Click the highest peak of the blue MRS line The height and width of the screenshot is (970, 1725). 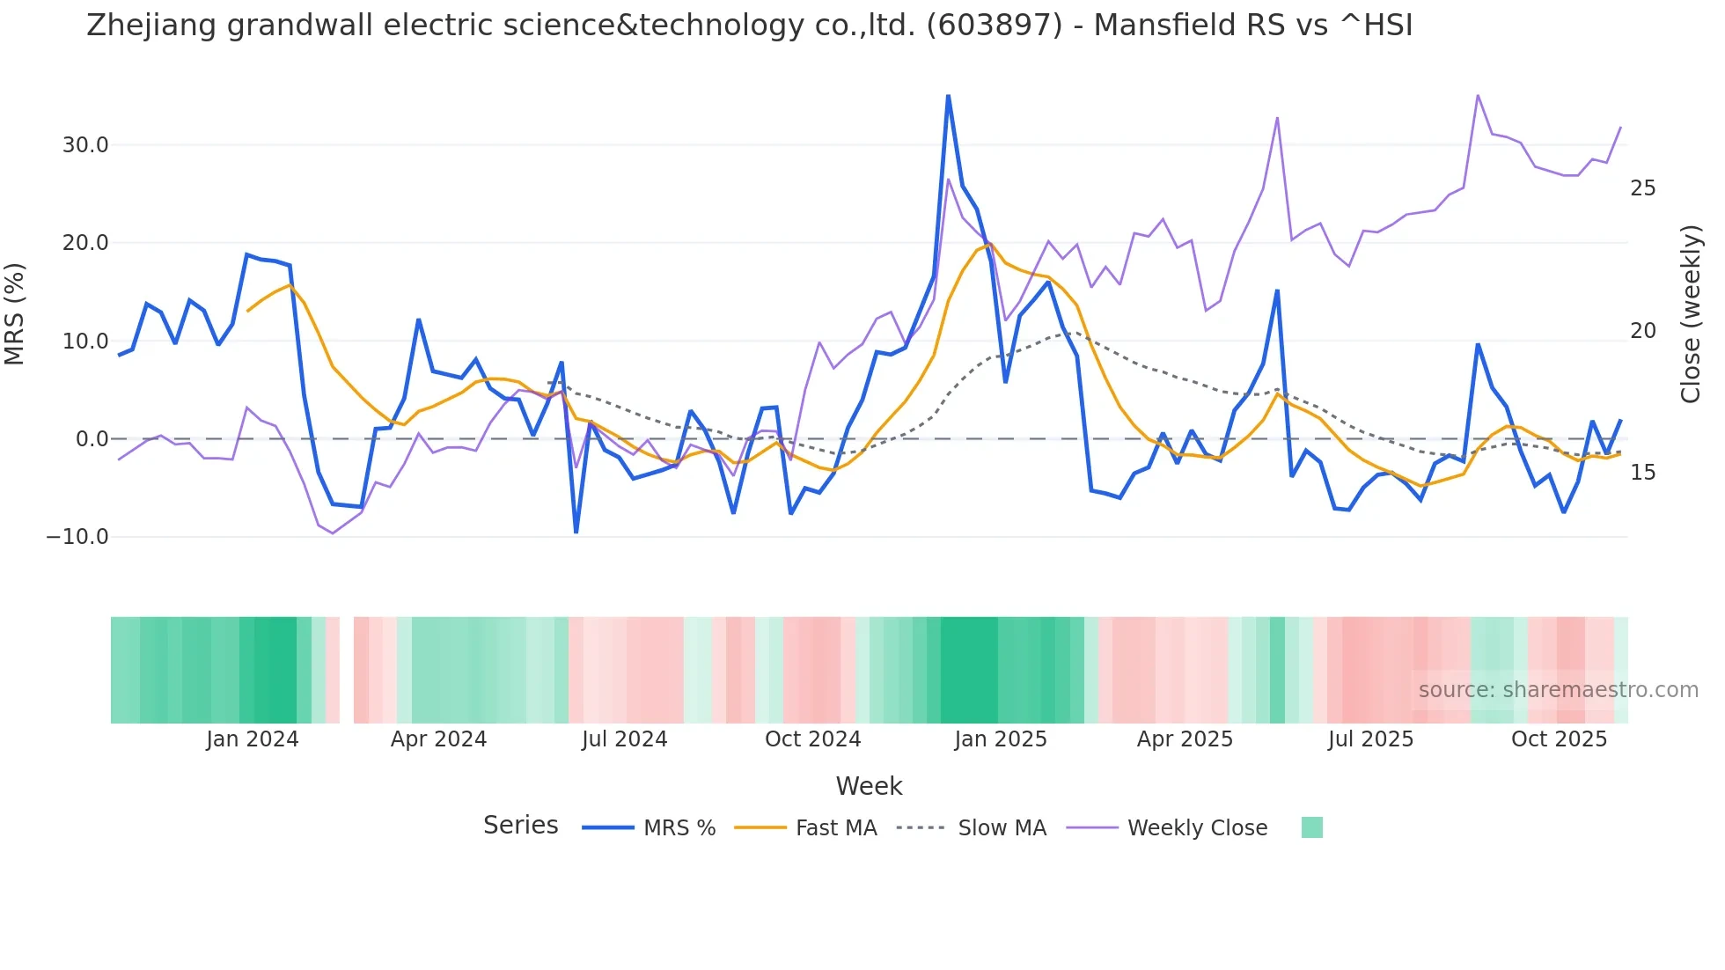click(x=948, y=96)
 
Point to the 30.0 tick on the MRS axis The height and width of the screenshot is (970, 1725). click(x=85, y=145)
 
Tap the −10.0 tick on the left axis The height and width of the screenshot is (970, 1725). click(x=77, y=537)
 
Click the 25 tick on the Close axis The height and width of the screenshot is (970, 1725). click(x=1642, y=188)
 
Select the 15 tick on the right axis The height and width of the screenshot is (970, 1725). click(x=1642, y=473)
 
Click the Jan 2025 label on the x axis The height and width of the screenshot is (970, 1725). click(x=1001, y=739)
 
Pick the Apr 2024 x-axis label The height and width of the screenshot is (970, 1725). click(x=438, y=739)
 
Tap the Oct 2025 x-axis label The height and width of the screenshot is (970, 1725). click(x=1559, y=739)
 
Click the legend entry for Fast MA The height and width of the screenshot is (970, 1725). click(x=835, y=828)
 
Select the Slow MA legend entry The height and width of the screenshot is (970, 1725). click(x=1002, y=828)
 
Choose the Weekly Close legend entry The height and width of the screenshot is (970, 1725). click(x=1197, y=828)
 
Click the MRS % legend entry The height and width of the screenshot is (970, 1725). click(x=679, y=828)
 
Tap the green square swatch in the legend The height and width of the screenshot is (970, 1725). click(x=1311, y=827)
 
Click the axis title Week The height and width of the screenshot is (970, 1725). click(x=869, y=786)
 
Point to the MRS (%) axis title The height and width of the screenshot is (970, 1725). click(x=15, y=314)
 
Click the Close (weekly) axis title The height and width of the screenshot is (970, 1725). click(x=1690, y=314)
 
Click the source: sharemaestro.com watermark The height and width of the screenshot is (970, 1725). click(x=1558, y=690)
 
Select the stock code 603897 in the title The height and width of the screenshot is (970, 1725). click(x=995, y=26)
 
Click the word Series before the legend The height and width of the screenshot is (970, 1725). click(x=520, y=826)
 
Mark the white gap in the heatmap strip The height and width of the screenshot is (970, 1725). click(x=347, y=670)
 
